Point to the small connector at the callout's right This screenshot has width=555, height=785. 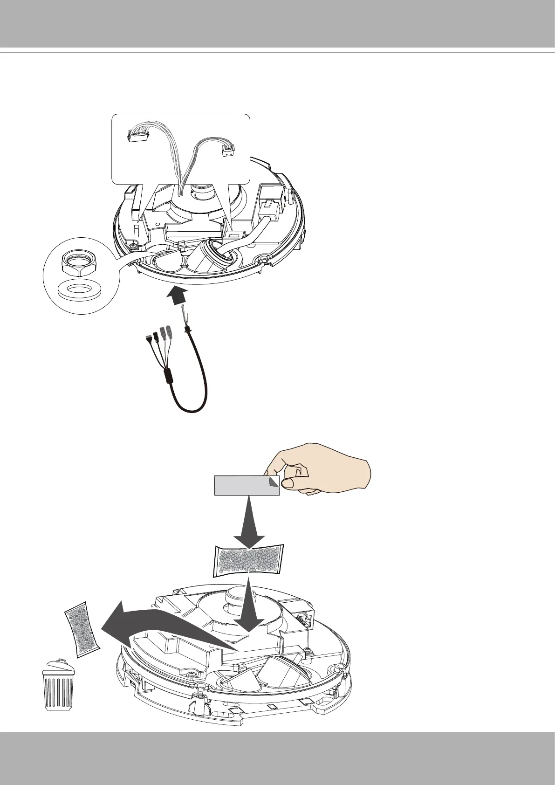(227, 151)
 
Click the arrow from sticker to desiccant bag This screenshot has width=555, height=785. (248, 524)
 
